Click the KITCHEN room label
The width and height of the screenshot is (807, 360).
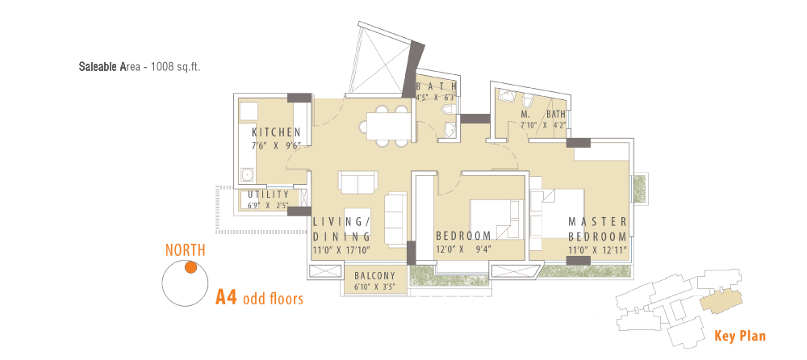tap(276, 132)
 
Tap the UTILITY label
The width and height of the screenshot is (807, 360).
tap(268, 195)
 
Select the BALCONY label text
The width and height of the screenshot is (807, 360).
tap(374, 275)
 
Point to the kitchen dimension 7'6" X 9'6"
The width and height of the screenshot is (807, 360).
tap(275, 146)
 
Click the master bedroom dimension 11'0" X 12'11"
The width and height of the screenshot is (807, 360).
tap(598, 251)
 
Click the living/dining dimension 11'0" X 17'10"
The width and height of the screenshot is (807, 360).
tap(341, 251)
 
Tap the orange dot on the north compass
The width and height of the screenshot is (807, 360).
tap(191, 267)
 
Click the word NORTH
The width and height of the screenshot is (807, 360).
tap(186, 250)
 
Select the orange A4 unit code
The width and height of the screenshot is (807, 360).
tap(226, 298)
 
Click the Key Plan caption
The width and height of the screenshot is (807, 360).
tap(739, 337)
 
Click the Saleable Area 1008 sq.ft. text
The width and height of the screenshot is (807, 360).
tap(139, 66)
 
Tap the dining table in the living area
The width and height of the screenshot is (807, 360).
tap(390, 126)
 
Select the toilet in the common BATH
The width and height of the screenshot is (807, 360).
tap(448, 109)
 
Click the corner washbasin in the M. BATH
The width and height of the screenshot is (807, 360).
tap(507, 96)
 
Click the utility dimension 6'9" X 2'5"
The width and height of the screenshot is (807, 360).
tap(268, 205)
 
